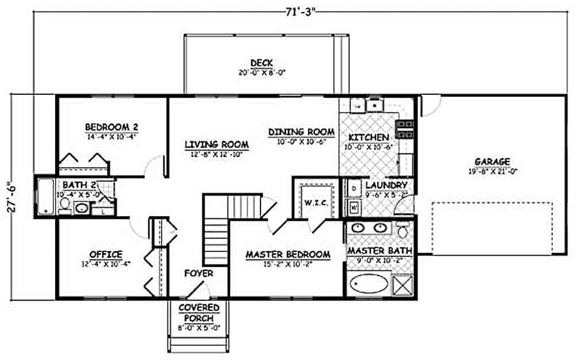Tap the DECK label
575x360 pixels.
pos(262,63)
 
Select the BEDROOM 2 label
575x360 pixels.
pos(112,127)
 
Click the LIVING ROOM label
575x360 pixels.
pos(216,144)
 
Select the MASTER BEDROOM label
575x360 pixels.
pos(287,254)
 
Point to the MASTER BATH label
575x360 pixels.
pos(379,251)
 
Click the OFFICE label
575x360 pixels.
pos(105,254)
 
